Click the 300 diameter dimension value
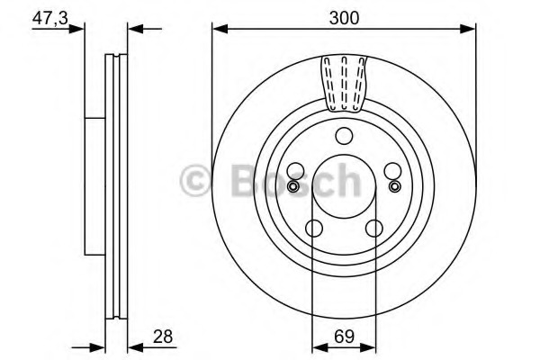pos(342,16)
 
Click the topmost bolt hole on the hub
pos(343,137)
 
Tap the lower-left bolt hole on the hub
pos(313,229)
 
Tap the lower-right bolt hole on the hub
pos(373,229)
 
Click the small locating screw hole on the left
pos(292,186)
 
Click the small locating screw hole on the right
pos(393,186)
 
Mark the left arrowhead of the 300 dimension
pos(219,30)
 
